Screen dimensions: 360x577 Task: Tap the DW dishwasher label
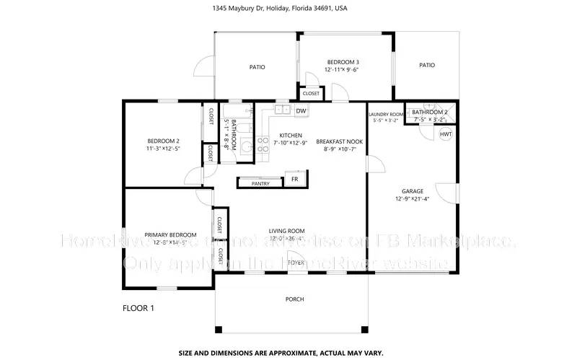[299, 110]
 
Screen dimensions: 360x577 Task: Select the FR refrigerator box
[294, 179]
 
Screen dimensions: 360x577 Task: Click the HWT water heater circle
[446, 135]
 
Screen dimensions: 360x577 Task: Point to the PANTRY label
[260, 183]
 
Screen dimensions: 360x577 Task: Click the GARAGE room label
[413, 191]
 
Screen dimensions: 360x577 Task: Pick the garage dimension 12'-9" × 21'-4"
[413, 199]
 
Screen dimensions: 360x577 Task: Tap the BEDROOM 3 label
[343, 62]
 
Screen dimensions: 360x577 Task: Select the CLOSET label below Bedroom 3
[311, 94]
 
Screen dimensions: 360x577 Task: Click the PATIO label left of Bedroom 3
[257, 67]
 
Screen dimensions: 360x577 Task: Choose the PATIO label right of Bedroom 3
[427, 65]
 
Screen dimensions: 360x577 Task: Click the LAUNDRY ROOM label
[386, 114]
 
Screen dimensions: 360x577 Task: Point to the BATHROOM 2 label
[430, 112]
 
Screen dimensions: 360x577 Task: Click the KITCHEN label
[291, 136]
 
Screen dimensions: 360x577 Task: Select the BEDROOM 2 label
[163, 141]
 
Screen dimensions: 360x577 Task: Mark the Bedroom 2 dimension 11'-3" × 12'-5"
[163, 149]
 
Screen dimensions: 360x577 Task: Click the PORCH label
[294, 299]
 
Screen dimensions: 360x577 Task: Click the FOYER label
[296, 263]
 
